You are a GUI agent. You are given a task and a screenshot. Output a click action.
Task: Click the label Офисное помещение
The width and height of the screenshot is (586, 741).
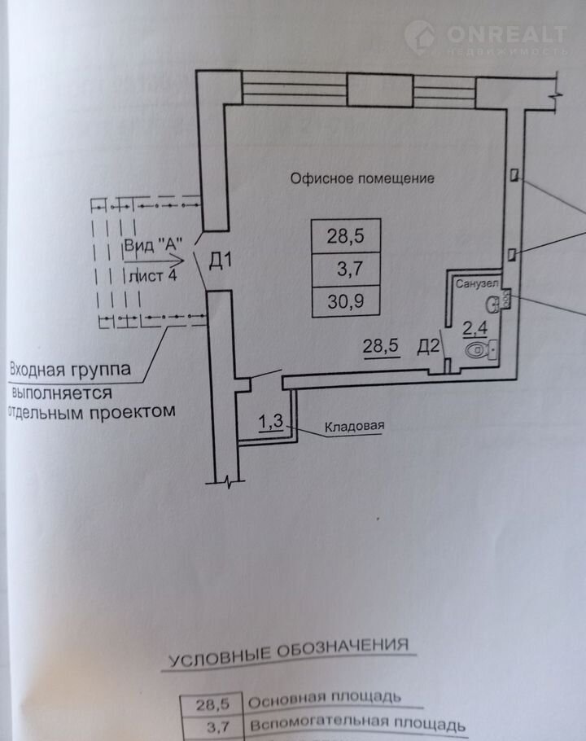pos(362,178)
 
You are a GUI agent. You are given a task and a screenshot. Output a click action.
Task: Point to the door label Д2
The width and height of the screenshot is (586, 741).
pos(429,346)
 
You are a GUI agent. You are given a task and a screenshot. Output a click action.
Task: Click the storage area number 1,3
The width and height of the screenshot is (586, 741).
pos(270,421)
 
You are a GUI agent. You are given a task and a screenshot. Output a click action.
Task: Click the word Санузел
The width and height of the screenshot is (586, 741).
pos(474,283)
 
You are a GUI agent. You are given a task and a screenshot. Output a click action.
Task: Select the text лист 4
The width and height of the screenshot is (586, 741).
pos(152,274)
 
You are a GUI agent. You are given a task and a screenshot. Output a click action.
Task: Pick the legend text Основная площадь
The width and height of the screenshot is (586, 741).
pos(323,698)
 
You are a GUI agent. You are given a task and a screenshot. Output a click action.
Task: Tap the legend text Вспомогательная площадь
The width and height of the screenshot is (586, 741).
pos(356,724)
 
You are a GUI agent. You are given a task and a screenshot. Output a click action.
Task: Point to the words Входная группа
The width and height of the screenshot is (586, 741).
pos(70,370)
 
